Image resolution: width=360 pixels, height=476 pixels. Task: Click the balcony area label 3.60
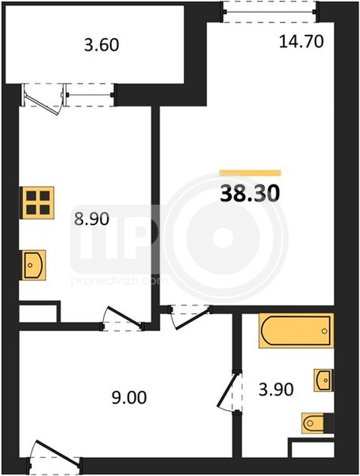[x=101, y=45]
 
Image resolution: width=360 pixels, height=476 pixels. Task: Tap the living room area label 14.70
[x=301, y=42]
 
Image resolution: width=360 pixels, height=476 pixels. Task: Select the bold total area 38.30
[x=249, y=194]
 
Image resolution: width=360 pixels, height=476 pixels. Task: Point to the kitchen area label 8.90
[x=92, y=219]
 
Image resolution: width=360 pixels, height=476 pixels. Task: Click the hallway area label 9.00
[x=129, y=397]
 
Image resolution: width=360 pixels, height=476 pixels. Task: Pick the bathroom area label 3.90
[x=276, y=390]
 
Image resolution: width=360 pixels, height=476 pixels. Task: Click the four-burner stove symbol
[x=37, y=203]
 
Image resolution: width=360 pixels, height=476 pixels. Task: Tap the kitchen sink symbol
[x=33, y=265]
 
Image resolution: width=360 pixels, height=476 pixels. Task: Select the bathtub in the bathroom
[x=296, y=331]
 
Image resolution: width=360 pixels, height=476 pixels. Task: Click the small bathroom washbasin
[x=324, y=380]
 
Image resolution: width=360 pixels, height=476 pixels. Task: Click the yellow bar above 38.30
[x=251, y=173]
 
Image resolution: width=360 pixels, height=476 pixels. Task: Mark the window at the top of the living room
[x=270, y=12]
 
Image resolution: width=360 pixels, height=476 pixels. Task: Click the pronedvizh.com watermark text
[x=119, y=281]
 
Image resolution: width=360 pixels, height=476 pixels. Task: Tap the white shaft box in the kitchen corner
[x=38, y=314]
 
